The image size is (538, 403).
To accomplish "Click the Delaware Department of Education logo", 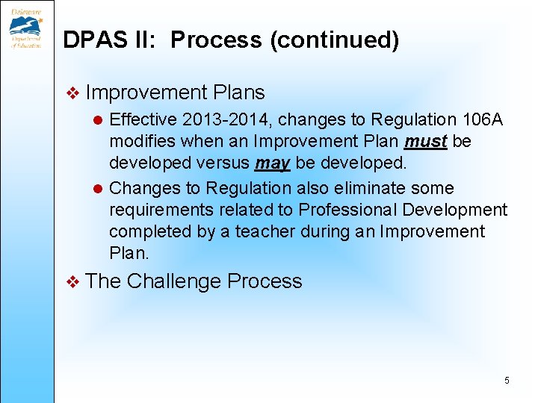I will (x=26, y=26).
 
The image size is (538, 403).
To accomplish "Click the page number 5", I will (x=507, y=381).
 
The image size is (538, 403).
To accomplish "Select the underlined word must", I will (x=426, y=141).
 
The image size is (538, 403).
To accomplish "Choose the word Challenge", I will (x=173, y=281).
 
